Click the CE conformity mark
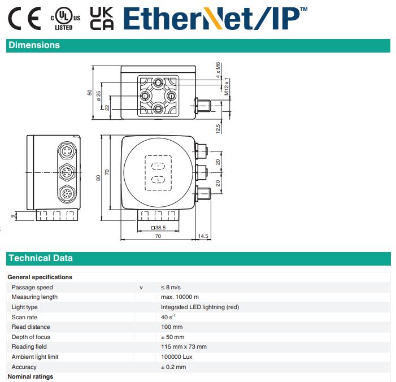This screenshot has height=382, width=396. point(24,19)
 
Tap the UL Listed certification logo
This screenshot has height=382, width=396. point(66,19)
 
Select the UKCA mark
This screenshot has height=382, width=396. point(102,19)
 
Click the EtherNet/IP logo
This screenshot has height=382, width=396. point(215,18)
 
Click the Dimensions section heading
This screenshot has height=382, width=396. point(34,45)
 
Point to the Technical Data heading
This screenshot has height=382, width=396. point(41,258)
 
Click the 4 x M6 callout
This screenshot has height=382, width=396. point(218,70)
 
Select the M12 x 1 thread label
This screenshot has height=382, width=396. point(227,86)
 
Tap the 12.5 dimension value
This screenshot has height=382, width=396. point(218,128)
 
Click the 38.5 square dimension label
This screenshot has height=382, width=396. point(158,228)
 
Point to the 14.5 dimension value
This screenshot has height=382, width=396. point(203,236)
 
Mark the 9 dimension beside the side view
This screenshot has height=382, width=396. point(13,216)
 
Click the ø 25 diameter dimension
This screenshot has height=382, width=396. point(98,96)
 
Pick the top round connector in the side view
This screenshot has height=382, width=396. point(67,151)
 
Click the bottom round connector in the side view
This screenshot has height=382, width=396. point(67,194)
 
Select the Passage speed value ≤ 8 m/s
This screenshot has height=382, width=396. point(171,287)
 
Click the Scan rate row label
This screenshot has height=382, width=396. point(24,317)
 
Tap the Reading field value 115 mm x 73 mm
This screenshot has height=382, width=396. point(184,346)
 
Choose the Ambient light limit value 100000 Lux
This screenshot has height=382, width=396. point(176,357)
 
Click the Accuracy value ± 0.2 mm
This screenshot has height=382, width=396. point(173,367)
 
